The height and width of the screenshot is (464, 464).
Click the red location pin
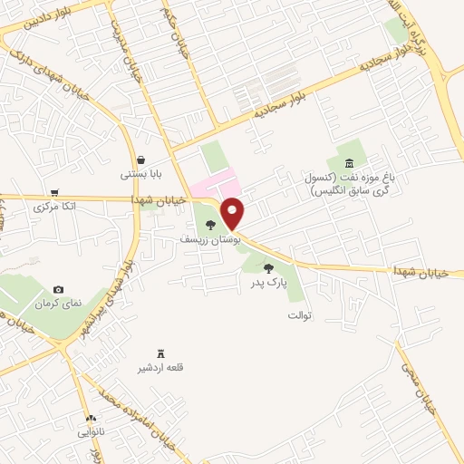click(x=234, y=212)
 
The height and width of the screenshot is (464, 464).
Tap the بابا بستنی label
click(x=143, y=175)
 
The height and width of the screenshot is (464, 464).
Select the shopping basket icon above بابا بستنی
click(x=142, y=160)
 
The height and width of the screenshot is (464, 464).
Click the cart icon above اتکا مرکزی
click(x=55, y=193)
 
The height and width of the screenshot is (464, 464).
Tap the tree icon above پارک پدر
click(x=268, y=267)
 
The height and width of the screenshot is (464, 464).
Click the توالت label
click(x=300, y=316)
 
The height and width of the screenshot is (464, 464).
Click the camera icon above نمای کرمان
click(x=58, y=288)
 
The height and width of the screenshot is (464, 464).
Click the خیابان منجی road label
click(x=427, y=394)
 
